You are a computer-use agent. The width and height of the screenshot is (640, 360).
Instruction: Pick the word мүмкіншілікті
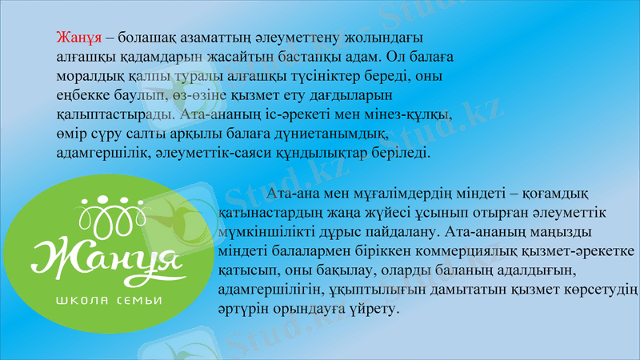[258, 234]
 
